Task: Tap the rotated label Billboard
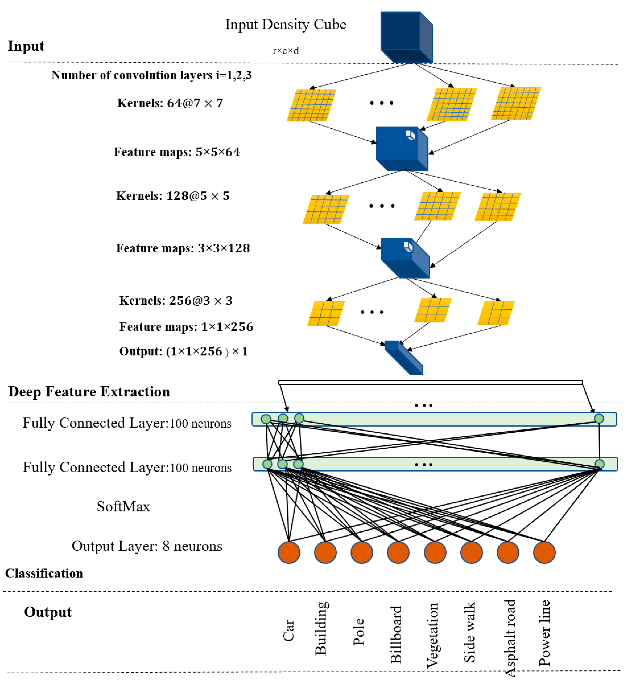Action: (x=396, y=635)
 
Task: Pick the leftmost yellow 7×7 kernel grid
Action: (x=311, y=105)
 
